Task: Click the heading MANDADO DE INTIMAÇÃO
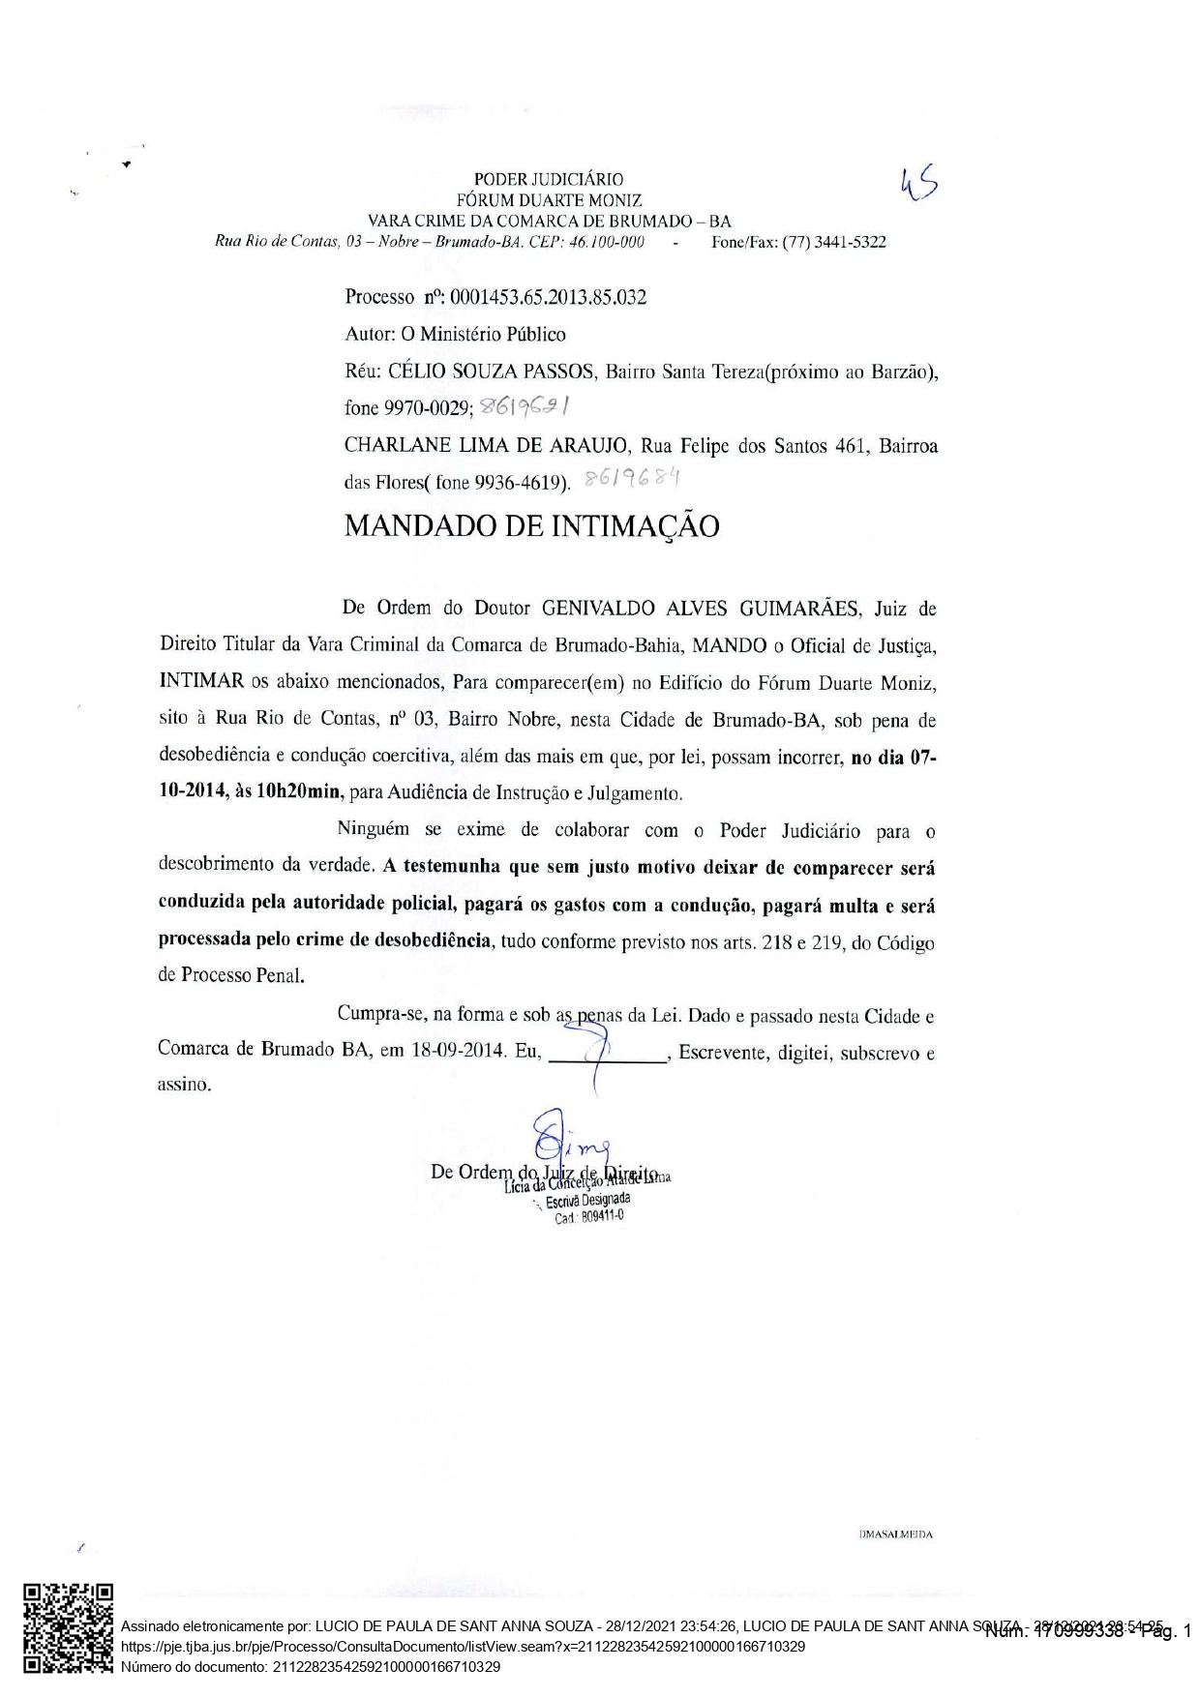(531, 526)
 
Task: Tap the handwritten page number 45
(918, 184)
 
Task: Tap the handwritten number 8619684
(635, 478)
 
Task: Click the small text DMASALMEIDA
(895, 1534)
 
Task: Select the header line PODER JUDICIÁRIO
(548, 179)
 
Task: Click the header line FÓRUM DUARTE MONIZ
(548, 200)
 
